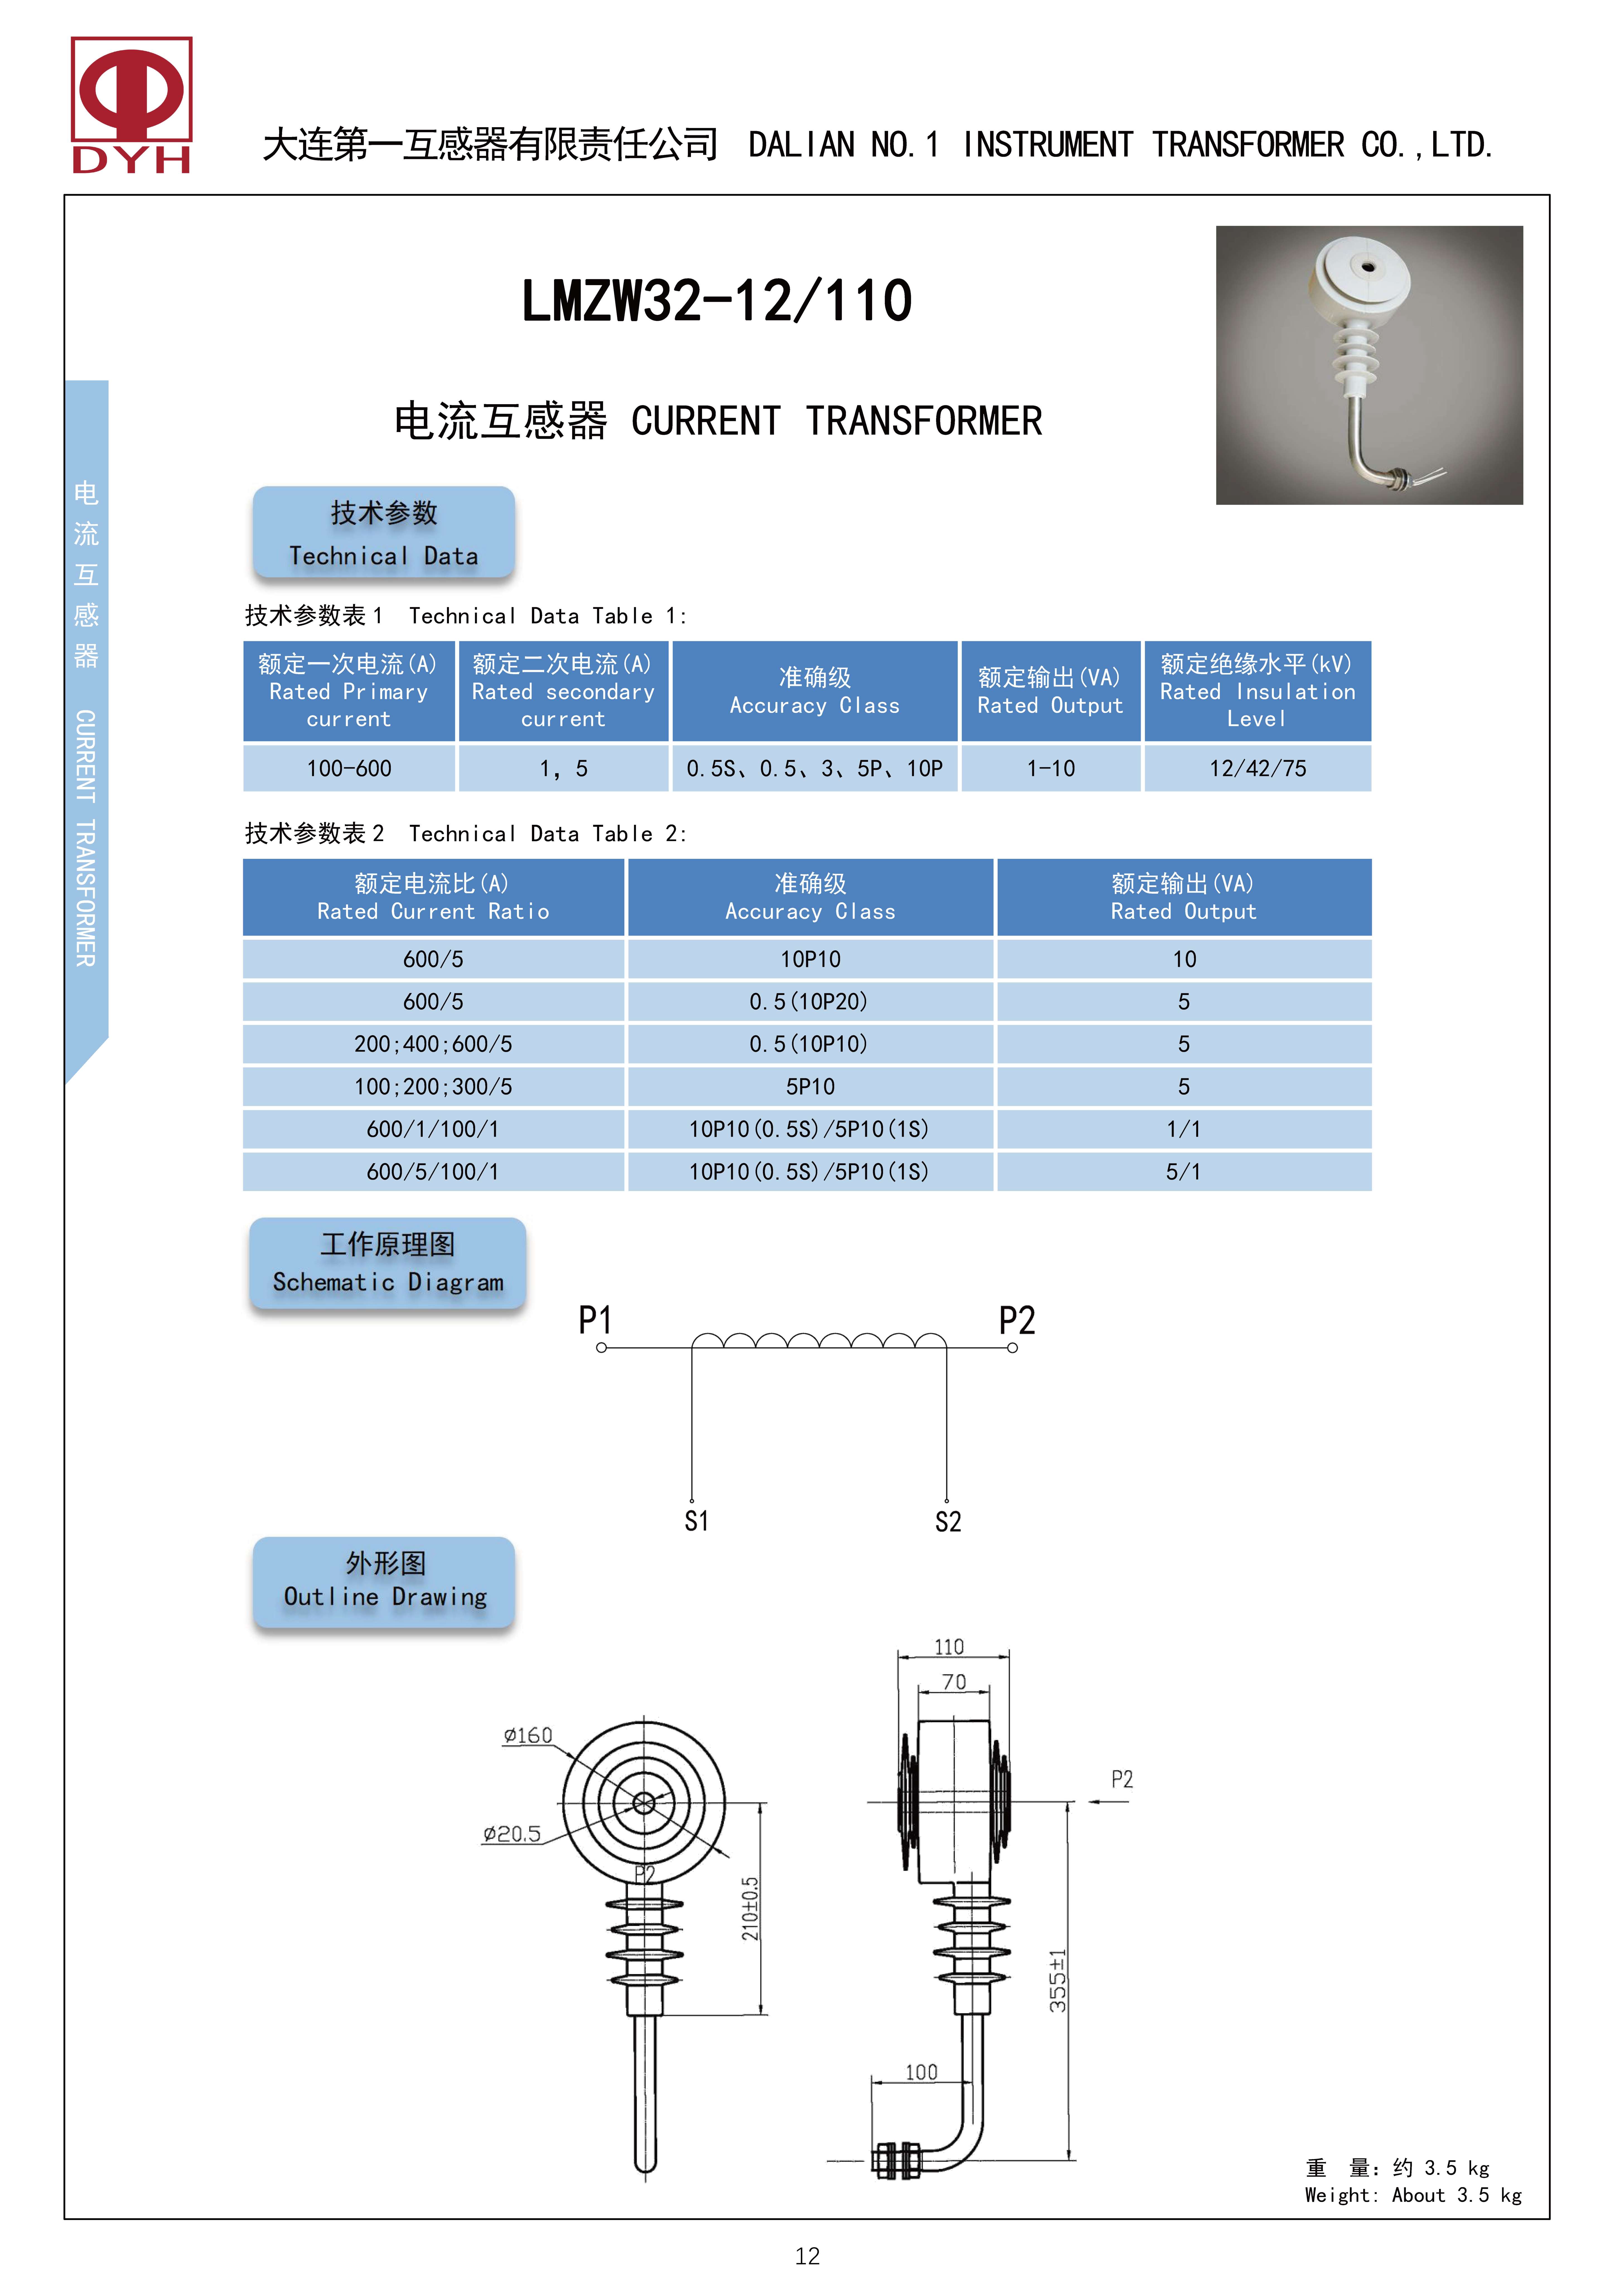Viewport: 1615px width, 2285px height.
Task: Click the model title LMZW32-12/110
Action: pos(716,301)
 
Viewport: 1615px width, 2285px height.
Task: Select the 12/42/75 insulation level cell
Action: pos(1257,768)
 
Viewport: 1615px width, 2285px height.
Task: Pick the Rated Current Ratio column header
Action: pos(433,897)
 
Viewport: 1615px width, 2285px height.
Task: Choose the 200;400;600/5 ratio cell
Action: pos(433,1044)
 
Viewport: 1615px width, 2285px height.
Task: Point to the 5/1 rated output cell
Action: pos(1183,1171)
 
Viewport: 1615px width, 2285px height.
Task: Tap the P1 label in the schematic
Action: pos(595,1321)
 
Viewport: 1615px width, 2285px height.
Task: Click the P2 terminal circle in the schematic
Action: pos(1012,1349)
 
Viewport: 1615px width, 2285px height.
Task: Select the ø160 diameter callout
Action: pos(527,1736)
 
